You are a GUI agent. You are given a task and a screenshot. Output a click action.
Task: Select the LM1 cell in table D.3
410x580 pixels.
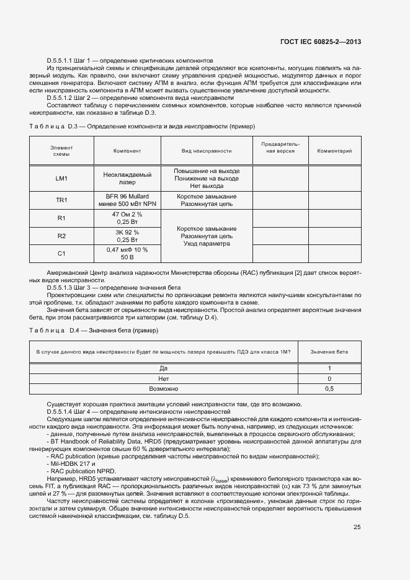point(61,179)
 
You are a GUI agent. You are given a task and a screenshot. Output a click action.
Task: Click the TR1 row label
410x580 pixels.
point(61,200)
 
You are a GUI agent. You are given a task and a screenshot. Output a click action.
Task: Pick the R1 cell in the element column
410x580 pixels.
point(61,218)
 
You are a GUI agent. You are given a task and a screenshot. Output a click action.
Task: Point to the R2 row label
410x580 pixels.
point(61,236)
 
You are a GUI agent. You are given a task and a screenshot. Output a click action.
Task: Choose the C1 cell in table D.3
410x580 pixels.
point(61,253)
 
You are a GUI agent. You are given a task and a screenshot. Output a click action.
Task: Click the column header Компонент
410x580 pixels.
point(127,151)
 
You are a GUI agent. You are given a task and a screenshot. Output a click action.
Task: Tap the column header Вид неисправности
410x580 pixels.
point(207,151)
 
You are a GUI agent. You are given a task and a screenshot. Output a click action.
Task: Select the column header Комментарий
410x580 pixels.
point(334,151)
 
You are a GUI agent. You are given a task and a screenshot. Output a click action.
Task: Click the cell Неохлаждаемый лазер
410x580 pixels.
point(127,179)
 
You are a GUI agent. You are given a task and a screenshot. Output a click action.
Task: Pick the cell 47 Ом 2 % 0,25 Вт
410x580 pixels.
point(127,218)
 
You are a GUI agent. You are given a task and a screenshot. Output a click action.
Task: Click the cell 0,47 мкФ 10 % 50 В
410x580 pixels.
point(127,253)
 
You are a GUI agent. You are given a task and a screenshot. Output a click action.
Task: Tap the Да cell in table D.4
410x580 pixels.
point(164,368)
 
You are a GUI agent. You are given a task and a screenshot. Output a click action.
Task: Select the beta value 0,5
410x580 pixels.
point(329,388)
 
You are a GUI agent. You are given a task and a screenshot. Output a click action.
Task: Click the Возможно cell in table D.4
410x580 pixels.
point(164,388)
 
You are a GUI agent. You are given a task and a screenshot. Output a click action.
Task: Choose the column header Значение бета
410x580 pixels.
point(329,352)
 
